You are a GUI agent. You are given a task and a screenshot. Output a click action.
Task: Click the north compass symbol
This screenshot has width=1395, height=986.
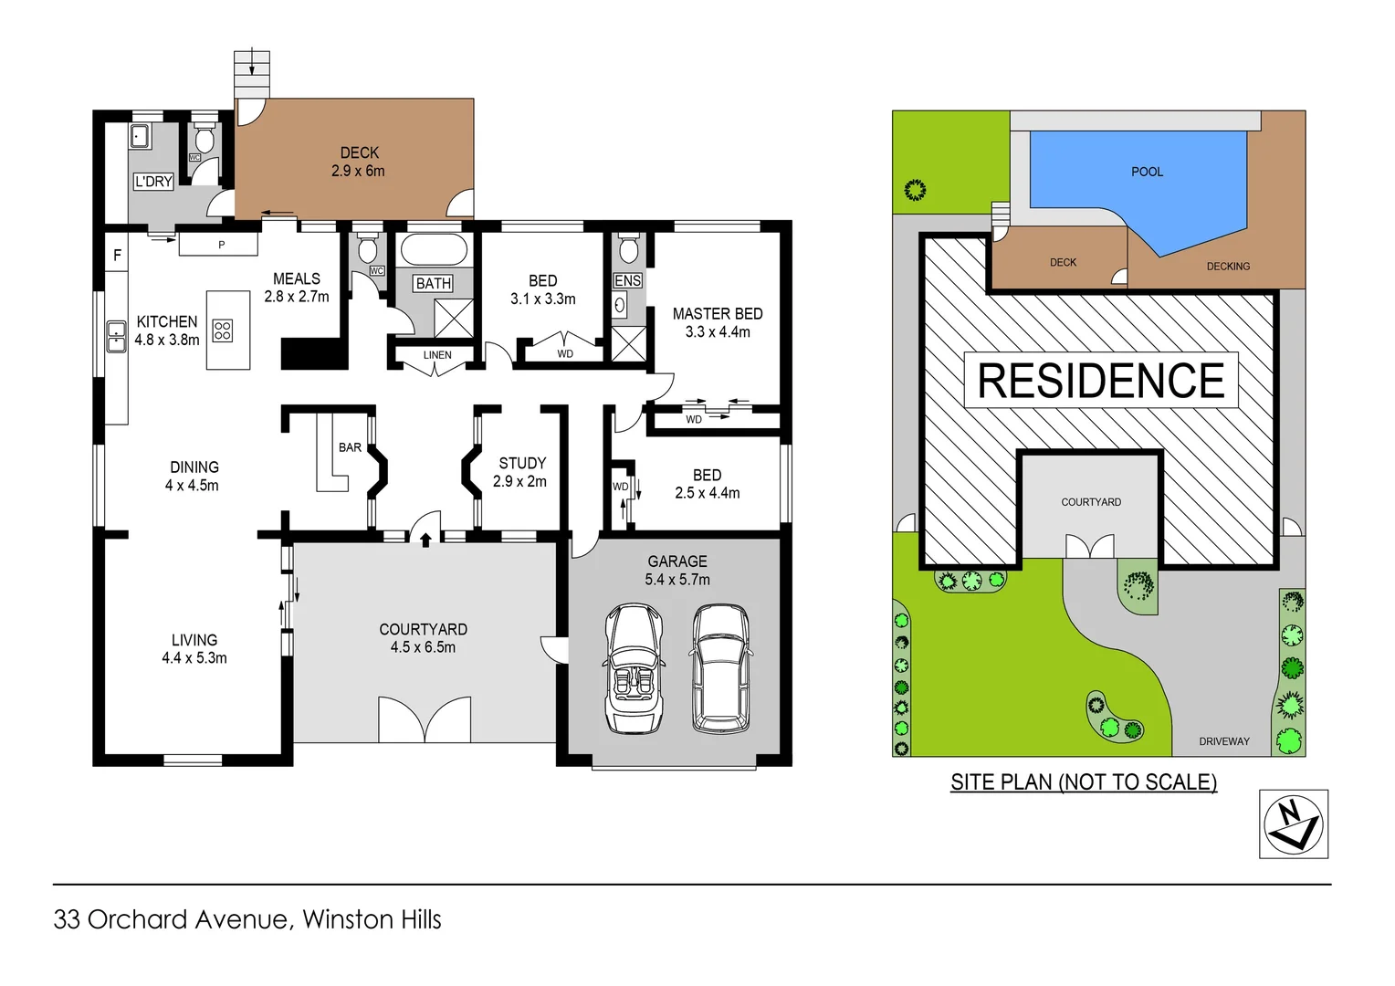pyautogui.click(x=1293, y=823)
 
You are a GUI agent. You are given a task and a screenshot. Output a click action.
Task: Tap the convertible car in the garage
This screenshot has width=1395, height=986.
pyautogui.click(x=634, y=667)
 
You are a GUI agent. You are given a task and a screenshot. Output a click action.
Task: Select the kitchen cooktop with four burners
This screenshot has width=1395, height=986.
pyautogui.click(x=223, y=330)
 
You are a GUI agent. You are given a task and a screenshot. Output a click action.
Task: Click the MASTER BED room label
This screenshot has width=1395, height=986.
pyautogui.click(x=717, y=314)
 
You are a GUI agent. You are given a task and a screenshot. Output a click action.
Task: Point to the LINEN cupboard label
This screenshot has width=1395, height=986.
pyautogui.click(x=436, y=355)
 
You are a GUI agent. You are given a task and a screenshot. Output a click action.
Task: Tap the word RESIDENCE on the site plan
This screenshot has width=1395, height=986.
pyautogui.click(x=1100, y=381)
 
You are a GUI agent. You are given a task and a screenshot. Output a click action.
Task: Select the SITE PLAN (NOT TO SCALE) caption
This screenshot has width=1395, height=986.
pyautogui.click(x=1083, y=782)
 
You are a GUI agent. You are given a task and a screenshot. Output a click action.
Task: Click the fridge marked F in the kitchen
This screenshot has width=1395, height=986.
pyautogui.click(x=117, y=256)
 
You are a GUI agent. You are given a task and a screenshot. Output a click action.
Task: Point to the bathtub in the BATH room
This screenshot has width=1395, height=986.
pyautogui.click(x=433, y=250)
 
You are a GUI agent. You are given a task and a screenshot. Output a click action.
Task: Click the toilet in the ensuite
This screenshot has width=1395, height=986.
pyautogui.click(x=628, y=248)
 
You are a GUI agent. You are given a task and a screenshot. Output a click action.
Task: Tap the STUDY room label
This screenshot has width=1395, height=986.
pyautogui.click(x=522, y=463)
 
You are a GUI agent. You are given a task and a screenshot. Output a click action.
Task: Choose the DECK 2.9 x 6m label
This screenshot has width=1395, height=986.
pyautogui.click(x=359, y=162)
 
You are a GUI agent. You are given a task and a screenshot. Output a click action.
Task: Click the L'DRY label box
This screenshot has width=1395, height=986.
pyautogui.click(x=153, y=182)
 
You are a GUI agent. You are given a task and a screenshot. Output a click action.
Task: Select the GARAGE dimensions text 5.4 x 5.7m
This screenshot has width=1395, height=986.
pyautogui.click(x=677, y=580)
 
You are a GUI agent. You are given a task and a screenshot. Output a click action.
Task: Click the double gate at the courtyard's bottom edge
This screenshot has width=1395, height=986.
pyautogui.click(x=425, y=719)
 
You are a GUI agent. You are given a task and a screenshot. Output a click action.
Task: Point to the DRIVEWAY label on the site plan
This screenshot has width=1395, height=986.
pyautogui.click(x=1223, y=741)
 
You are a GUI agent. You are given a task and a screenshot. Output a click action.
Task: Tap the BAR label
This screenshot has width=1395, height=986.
pyautogui.click(x=350, y=447)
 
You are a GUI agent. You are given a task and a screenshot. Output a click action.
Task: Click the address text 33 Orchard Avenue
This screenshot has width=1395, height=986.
pyautogui.click(x=173, y=919)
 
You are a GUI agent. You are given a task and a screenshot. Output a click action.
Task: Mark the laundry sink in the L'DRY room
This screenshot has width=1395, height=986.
pyautogui.click(x=141, y=136)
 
